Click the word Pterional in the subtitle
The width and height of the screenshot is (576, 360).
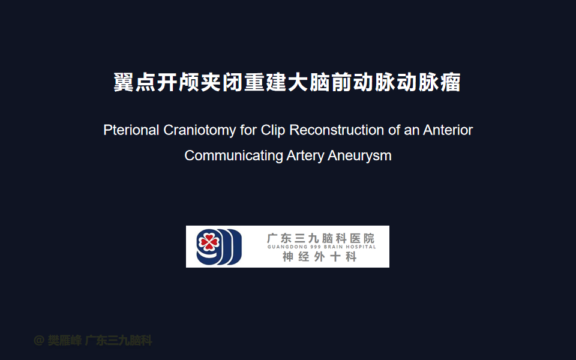click(131, 130)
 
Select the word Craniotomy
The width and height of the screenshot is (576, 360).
click(199, 130)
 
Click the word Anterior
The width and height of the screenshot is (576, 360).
click(448, 130)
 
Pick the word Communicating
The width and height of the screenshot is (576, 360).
click(233, 155)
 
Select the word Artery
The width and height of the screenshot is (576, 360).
click(305, 155)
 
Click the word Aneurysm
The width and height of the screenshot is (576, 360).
click(359, 155)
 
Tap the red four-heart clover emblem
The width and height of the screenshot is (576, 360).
click(209, 242)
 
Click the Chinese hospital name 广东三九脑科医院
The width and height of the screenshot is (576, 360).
click(320, 238)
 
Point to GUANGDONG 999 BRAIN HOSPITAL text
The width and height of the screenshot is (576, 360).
click(322, 247)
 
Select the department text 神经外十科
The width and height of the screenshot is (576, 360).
click(320, 256)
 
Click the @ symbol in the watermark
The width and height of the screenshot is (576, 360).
click(39, 341)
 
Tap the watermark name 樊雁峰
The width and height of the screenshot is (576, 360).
click(65, 341)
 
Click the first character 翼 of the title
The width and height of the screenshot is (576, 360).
click(124, 82)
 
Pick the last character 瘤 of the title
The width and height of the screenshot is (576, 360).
click(451, 82)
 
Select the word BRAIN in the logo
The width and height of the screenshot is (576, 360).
click(333, 247)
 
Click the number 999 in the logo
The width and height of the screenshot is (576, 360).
click(316, 247)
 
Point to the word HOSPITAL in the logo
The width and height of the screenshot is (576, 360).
click(361, 247)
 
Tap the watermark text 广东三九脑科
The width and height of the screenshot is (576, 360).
click(118, 341)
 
